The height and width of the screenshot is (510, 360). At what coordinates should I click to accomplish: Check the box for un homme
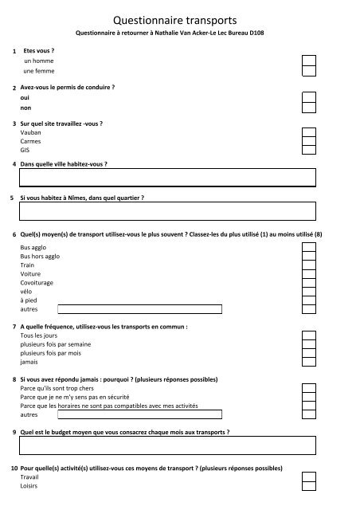[309, 61]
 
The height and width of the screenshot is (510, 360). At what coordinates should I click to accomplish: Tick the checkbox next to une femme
[309, 71]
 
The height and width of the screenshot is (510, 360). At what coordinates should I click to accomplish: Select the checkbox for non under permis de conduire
[309, 107]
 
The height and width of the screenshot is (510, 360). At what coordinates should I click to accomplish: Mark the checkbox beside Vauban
[309, 133]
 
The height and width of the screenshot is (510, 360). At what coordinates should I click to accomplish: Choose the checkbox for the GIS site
[309, 149]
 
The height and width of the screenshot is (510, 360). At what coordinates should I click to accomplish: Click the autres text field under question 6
[139, 308]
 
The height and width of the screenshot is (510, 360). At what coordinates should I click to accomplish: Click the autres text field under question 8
[139, 414]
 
